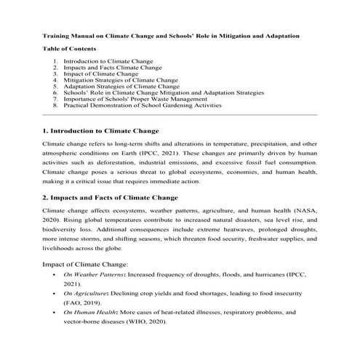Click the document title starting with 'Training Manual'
click(x=180, y=35)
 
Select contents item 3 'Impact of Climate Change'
click(x=100, y=74)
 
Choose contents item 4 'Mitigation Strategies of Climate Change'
click(x=120, y=81)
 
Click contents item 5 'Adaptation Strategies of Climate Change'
click(x=121, y=87)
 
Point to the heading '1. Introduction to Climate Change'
click(x=100, y=131)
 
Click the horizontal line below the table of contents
click(x=180, y=114)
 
